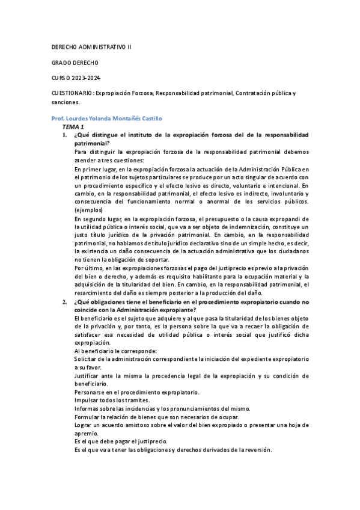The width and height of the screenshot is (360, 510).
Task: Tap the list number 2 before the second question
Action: pos(65,302)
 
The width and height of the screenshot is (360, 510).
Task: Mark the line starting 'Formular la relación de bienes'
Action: pos(156,417)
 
